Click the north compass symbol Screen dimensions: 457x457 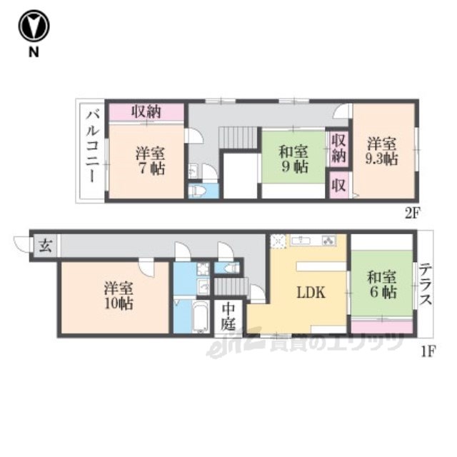[x=34, y=26]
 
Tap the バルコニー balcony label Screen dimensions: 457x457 [x=93, y=147]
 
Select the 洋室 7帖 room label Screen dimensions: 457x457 [x=150, y=161]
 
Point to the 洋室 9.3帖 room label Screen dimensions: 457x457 [x=382, y=151]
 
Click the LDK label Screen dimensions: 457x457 [x=311, y=293]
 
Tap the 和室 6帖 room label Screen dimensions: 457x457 [x=382, y=285]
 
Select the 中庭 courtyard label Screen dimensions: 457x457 [x=228, y=317]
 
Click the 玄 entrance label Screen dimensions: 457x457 [x=46, y=246]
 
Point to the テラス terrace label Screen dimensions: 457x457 [x=426, y=283]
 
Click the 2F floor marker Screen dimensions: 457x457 [x=412, y=214]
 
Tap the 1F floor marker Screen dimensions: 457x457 [x=428, y=352]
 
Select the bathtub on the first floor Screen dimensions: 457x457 [x=201, y=316]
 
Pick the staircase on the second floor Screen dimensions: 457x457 [x=238, y=138]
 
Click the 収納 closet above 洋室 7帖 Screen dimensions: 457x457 [x=146, y=111]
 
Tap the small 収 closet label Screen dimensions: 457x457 [x=338, y=186]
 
